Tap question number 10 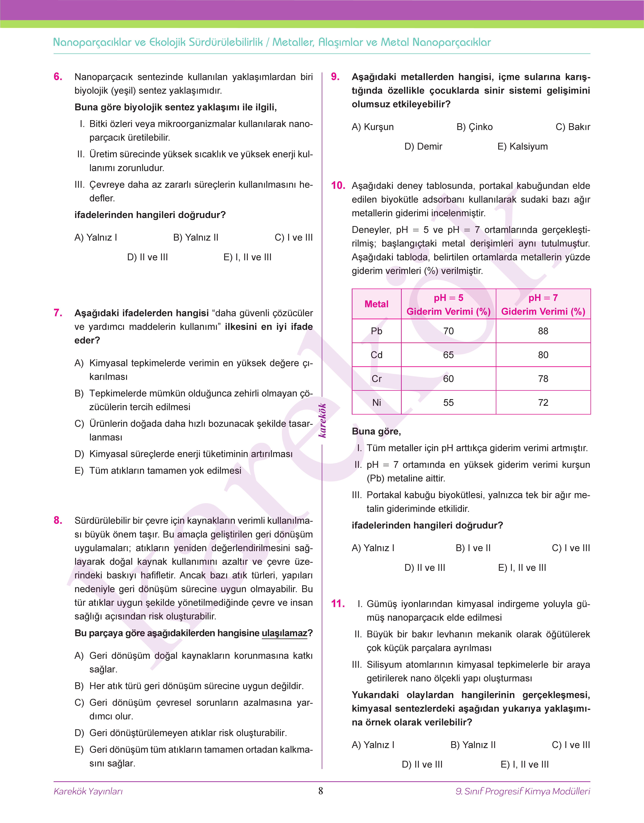pyautogui.click(x=338, y=185)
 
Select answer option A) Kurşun pyautogui.click(x=372, y=127)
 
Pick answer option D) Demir pyautogui.click(x=423, y=147)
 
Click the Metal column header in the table pyautogui.click(x=376, y=304)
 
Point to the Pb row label pyautogui.click(x=376, y=331)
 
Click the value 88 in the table pyautogui.click(x=543, y=331)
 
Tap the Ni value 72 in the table pyautogui.click(x=543, y=403)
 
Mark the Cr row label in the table pyautogui.click(x=376, y=379)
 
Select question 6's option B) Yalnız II pyautogui.click(x=196, y=238)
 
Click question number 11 pyautogui.click(x=338, y=604)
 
